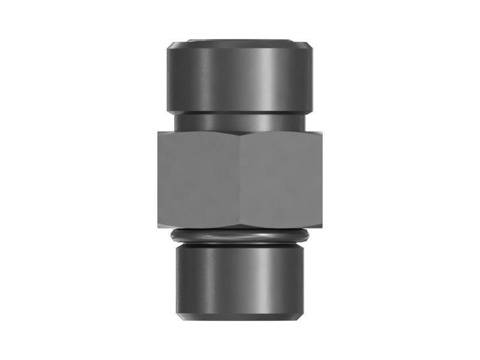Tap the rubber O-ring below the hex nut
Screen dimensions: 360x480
coord(240,235)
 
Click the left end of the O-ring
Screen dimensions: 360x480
coord(172,235)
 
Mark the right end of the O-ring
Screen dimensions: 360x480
coord(308,235)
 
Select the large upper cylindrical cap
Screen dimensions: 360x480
coord(240,78)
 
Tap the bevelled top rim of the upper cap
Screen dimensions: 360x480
coord(240,44)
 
